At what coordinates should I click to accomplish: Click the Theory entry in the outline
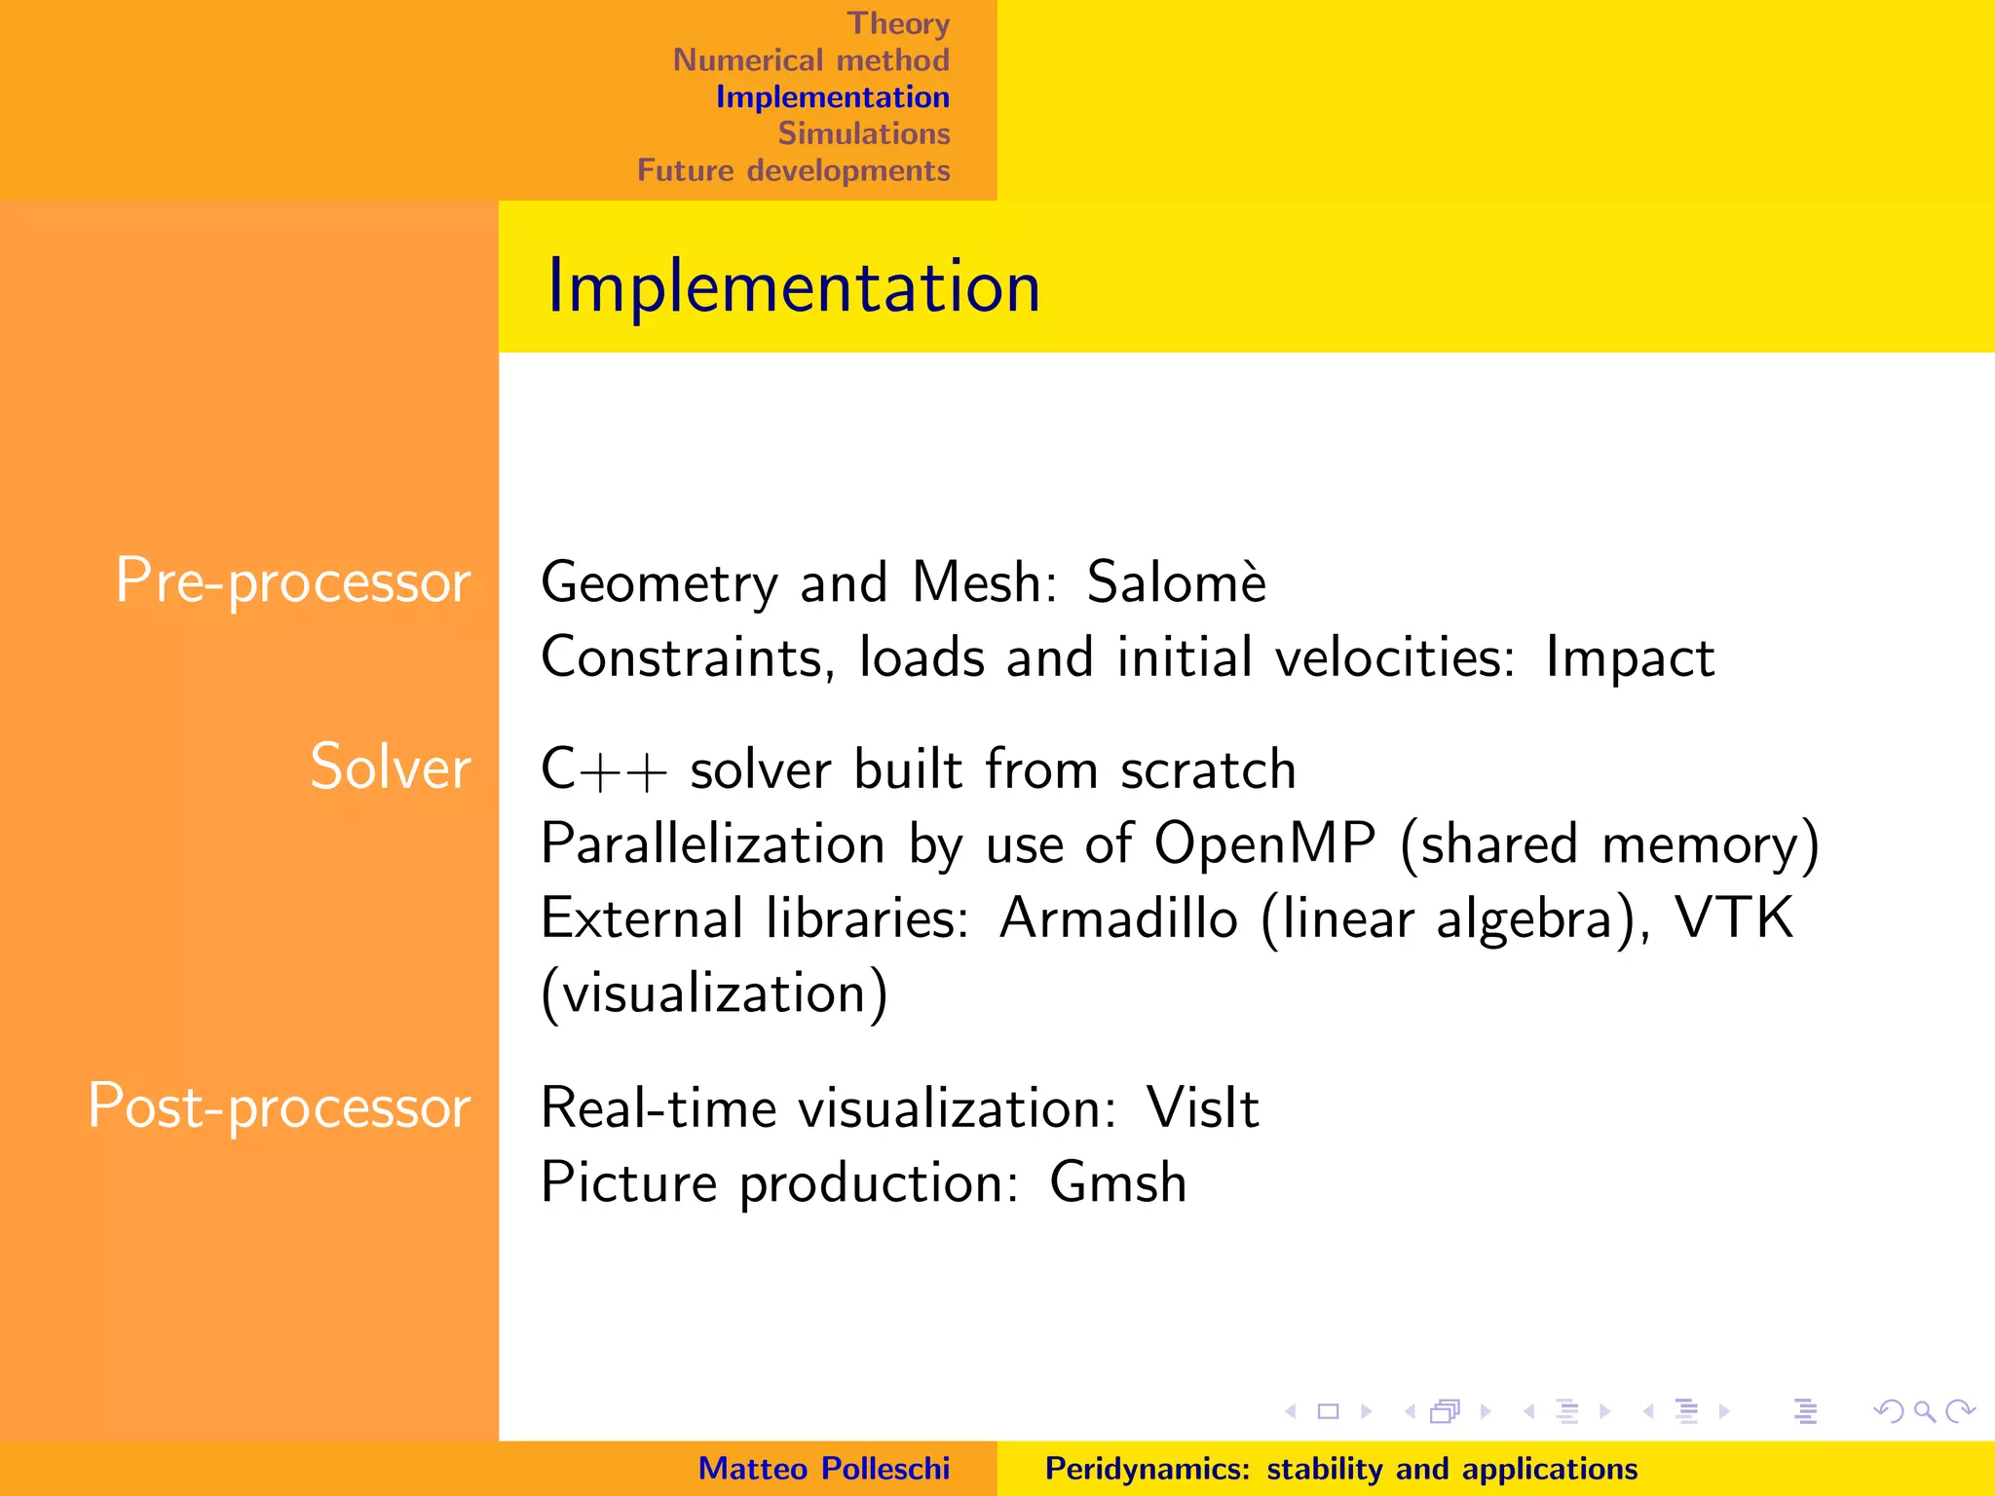(897, 23)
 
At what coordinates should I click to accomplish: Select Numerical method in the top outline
(810, 60)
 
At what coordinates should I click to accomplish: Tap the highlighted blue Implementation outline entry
(832, 97)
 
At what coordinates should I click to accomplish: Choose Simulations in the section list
(863, 133)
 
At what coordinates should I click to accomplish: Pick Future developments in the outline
(793, 170)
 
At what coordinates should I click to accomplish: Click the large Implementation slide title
(793, 286)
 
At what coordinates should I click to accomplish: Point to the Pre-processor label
(292, 581)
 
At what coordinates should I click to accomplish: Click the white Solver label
(390, 767)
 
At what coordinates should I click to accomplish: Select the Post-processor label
(280, 1107)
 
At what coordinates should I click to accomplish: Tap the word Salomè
(1176, 582)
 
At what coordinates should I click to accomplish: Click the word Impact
(1629, 658)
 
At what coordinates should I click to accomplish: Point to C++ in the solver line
(604, 769)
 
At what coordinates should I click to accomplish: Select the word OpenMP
(1263, 843)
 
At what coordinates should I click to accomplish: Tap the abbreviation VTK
(1733, 917)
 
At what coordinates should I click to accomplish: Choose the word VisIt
(1202, 1108)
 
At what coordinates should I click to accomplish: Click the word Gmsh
(1117, 1183)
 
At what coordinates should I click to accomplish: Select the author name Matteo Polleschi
(823, 1469)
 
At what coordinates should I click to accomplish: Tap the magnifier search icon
(1924, 1411)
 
